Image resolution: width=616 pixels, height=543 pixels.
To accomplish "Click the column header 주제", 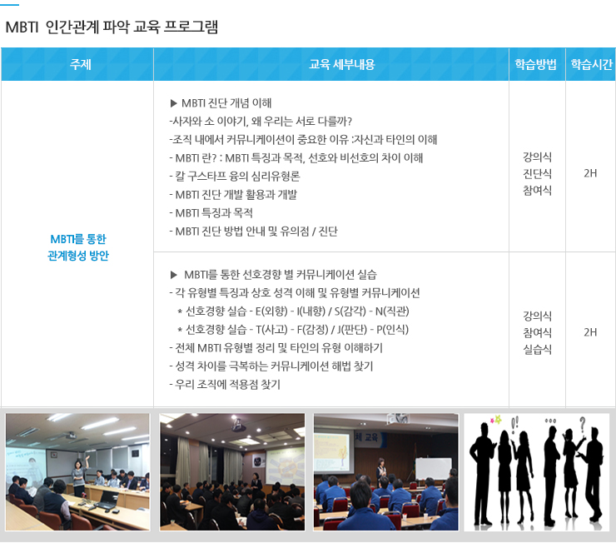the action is tap(80, 64).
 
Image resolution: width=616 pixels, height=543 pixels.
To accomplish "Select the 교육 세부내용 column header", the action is tap(342, 64).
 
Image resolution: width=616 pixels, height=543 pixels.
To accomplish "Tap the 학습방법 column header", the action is tap(536, 64).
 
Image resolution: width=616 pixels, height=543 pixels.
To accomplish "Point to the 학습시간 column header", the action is tap(592, 64).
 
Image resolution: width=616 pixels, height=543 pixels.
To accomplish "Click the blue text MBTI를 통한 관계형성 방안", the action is tap(78, 247).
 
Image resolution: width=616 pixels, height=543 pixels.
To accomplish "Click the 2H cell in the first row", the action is tap(590, 173).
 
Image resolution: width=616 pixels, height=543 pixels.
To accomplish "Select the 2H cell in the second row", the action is tap(590, 332).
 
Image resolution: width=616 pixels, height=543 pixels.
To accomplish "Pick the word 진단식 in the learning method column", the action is tap(537, 173).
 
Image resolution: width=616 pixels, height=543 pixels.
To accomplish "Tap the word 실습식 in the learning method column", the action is tap(537, 349).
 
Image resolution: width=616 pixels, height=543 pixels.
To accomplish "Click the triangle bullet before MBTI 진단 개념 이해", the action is tap(174, 103).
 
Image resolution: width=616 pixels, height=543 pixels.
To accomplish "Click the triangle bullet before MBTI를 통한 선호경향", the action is tap(174, 275).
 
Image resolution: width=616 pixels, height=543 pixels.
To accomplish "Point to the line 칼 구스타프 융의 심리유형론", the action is tap(235, 176).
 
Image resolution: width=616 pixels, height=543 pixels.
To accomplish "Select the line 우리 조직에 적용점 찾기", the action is tap(225, 384).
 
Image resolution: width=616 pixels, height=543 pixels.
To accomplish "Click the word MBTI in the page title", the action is tap(22, 27).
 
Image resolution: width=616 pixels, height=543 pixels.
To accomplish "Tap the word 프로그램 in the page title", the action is tap(191, 27).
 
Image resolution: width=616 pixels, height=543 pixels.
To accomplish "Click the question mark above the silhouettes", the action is tap(582, 425).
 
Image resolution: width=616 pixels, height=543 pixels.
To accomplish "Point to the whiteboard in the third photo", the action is tap(434, 469).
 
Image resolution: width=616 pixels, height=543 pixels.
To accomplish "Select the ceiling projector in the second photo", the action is tap(236, 424).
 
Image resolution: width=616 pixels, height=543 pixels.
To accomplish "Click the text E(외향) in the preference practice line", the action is tap(271, 311).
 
